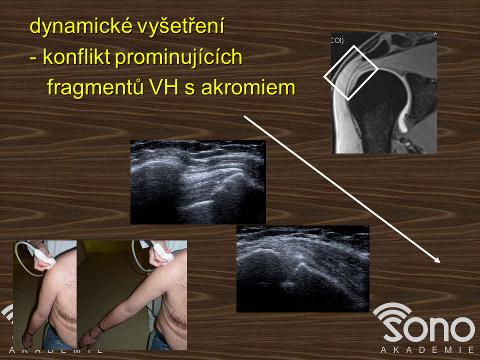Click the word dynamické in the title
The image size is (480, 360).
(81, 26)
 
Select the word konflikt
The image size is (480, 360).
(76, 56)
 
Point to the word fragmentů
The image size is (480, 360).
(95, 88)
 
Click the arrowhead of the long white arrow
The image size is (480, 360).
(437, 260)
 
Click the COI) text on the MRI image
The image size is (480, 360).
(337, 40)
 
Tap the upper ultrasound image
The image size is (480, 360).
(198, 182)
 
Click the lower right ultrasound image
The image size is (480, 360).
(303, 269)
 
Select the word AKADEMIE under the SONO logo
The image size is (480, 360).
(427, 350)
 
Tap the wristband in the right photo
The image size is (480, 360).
(101, 327)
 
